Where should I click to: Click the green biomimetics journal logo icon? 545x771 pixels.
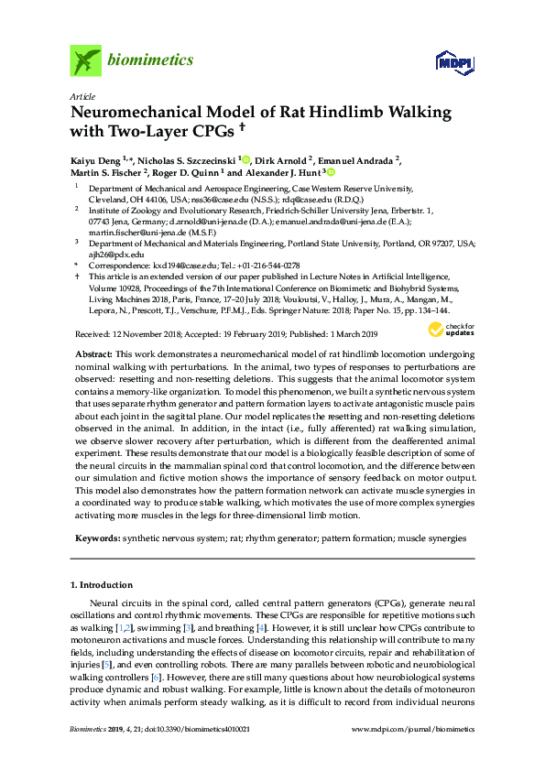point(84,60)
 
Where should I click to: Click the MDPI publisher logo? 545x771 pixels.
point(452,62)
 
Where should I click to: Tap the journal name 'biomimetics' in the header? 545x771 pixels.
point(150,60)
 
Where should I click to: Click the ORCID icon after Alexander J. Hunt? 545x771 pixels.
point(331,172)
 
